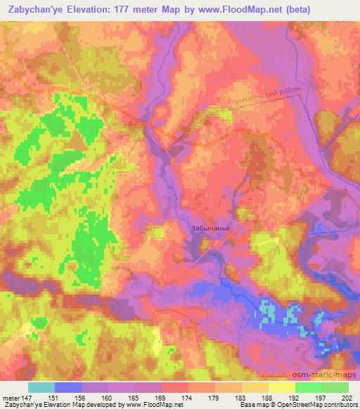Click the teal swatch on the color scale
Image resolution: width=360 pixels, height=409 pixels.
tap(41, 387)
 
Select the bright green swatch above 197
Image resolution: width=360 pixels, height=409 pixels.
tap(309, 387)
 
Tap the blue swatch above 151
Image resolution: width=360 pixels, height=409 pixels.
tap(68, 387)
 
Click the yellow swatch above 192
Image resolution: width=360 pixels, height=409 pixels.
tap(282, 387)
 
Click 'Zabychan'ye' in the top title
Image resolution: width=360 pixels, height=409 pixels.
tap(34, 9)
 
